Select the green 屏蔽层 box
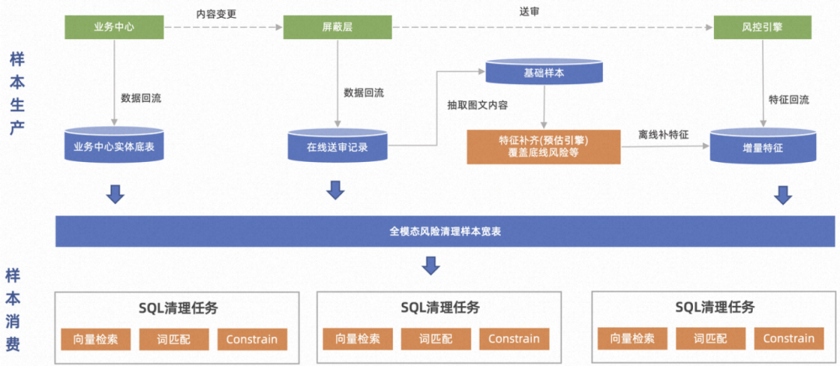337,28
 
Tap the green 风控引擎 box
762,28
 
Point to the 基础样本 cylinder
544,72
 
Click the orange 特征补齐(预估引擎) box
544,146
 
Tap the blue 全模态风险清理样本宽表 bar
444,232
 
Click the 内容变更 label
216,13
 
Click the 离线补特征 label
663,135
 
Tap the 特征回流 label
789,100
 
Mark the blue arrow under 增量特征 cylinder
783,195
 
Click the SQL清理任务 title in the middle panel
440,308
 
